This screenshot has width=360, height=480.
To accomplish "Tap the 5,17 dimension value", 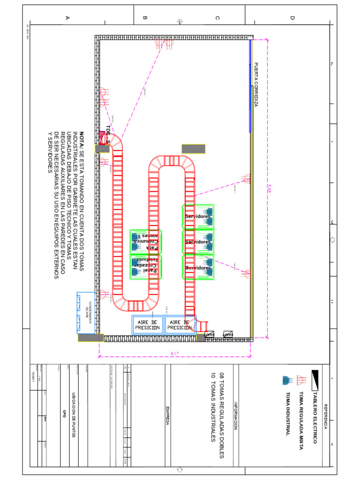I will click(175, 353).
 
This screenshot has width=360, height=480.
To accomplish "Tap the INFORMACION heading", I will click(236, 416).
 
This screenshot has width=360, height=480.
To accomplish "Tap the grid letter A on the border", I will click(67, 18).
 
